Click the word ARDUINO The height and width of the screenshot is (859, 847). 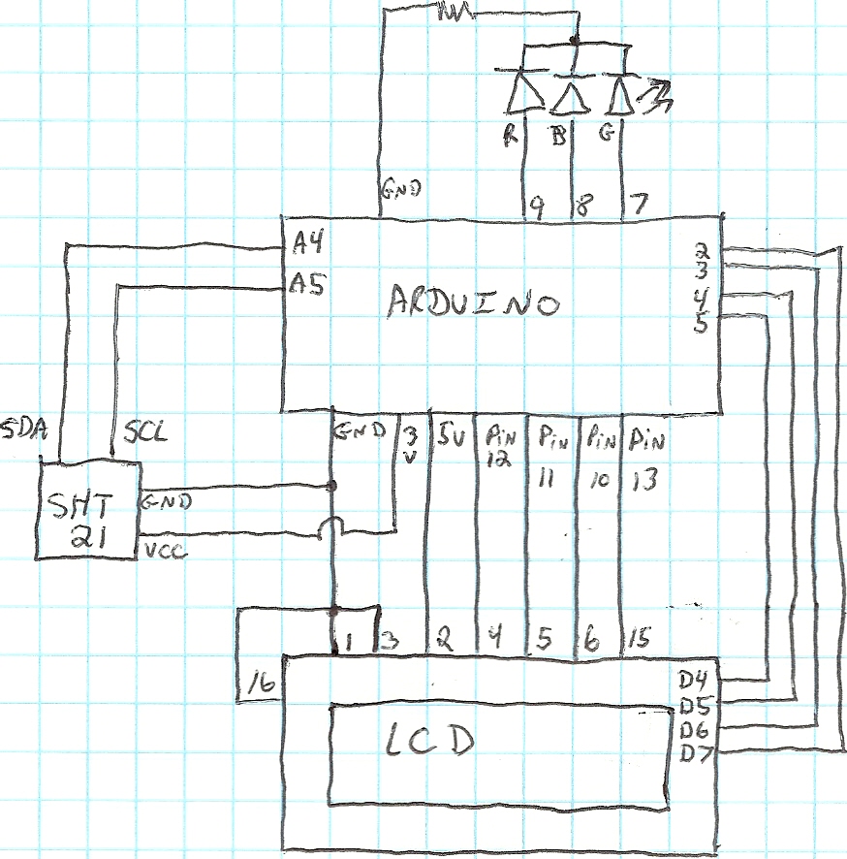[473, 302]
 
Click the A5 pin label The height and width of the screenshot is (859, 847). [306, 284]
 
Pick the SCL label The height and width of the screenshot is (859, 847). [145, 432]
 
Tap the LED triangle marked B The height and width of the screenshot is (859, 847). [570, 97]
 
